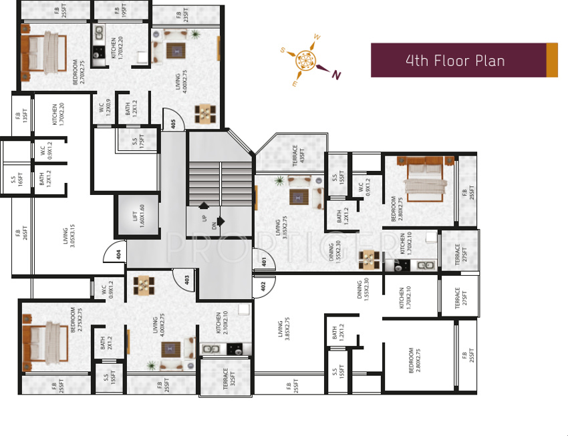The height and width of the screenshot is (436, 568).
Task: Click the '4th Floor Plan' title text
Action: (x=454, y=61)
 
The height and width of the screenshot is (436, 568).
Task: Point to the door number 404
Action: (x=118, y=254)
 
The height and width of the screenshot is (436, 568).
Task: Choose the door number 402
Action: (x=263, y=286)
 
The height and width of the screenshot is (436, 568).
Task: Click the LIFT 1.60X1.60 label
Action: (x=138, y=216)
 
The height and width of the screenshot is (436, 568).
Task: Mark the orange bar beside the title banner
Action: (x=551, y=60)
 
